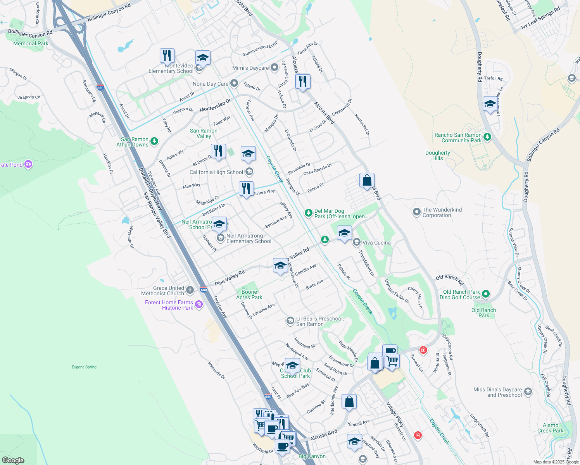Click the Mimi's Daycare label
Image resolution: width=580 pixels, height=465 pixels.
pyautogui.click(x=250, y=68)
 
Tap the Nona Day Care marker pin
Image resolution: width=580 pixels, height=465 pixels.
pyautogui.click(x=234, y=83)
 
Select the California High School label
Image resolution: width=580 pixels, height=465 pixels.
pyautogui.click(x=216, y=172)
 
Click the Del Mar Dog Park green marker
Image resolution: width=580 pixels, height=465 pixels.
pyautogui.click(x=308, y=212)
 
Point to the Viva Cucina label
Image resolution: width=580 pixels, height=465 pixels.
pyautogui.click(x=376, y=243)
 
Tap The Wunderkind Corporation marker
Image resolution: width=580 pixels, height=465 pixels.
pyautogui.click(x=417, y=212)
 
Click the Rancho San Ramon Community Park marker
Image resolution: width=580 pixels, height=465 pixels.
pyautogui.click(x=487, y=137)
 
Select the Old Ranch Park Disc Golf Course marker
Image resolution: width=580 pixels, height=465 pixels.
pyautogui.click(x=486, y=294)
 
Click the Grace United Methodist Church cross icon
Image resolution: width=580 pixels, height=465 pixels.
pyautogui.click(x=190, y=290)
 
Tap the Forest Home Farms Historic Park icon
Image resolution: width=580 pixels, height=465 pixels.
pyautogui.click(x=199, y=305)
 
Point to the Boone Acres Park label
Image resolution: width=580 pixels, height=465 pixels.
pyautogui.click(x=249, y=295)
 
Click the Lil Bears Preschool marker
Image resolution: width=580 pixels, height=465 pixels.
pyautogui.click(x=290, y=321)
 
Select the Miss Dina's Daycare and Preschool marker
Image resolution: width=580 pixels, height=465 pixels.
pyautogui.click(x=528, y=392)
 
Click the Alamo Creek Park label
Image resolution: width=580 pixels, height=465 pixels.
pyautogui.click(x=550, y=428)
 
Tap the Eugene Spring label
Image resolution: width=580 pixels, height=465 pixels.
pyautogui.click(x=84, y=367)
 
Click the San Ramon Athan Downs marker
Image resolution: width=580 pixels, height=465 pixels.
pyautogui.click(x=154, y=141)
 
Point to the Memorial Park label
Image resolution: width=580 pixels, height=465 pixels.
pyautogui.click(x=31, y=43)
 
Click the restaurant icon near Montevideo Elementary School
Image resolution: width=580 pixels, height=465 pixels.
pyautogui.click(x=167, y=56)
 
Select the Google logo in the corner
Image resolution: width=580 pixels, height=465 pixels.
pyautogui.click(x=13, y=460)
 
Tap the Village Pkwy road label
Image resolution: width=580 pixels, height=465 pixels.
pyautogui.click(x=395, y=414)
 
